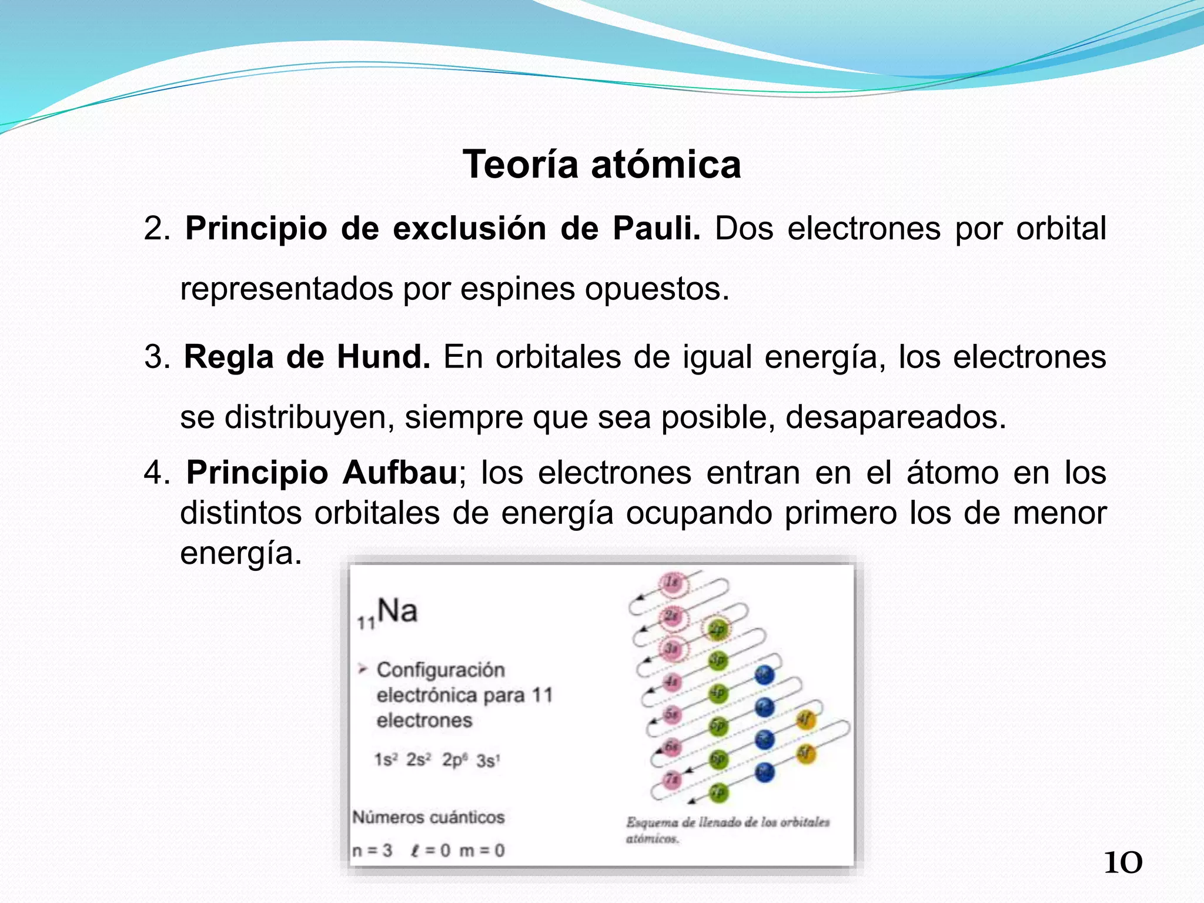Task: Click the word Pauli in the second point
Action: [x=656, y=228]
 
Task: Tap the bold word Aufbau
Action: [x=400, y=473]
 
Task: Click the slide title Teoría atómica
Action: [x=601, y=164]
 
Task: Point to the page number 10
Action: [x=1123, y=863]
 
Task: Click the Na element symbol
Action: [x=397, y=611]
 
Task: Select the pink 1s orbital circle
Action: [x=671, y=583]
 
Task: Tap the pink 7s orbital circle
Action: [x=672, y=780]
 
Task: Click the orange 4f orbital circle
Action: [x=806, y=719]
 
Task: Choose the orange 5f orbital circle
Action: [x=806, y=753]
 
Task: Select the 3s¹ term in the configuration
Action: [x=488, y=761]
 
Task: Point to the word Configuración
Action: [x=440, y=670]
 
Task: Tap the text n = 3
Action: [x=373, y=851]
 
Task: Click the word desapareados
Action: [x=895, y=417]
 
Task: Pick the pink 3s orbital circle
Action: [x=671, y=649]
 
